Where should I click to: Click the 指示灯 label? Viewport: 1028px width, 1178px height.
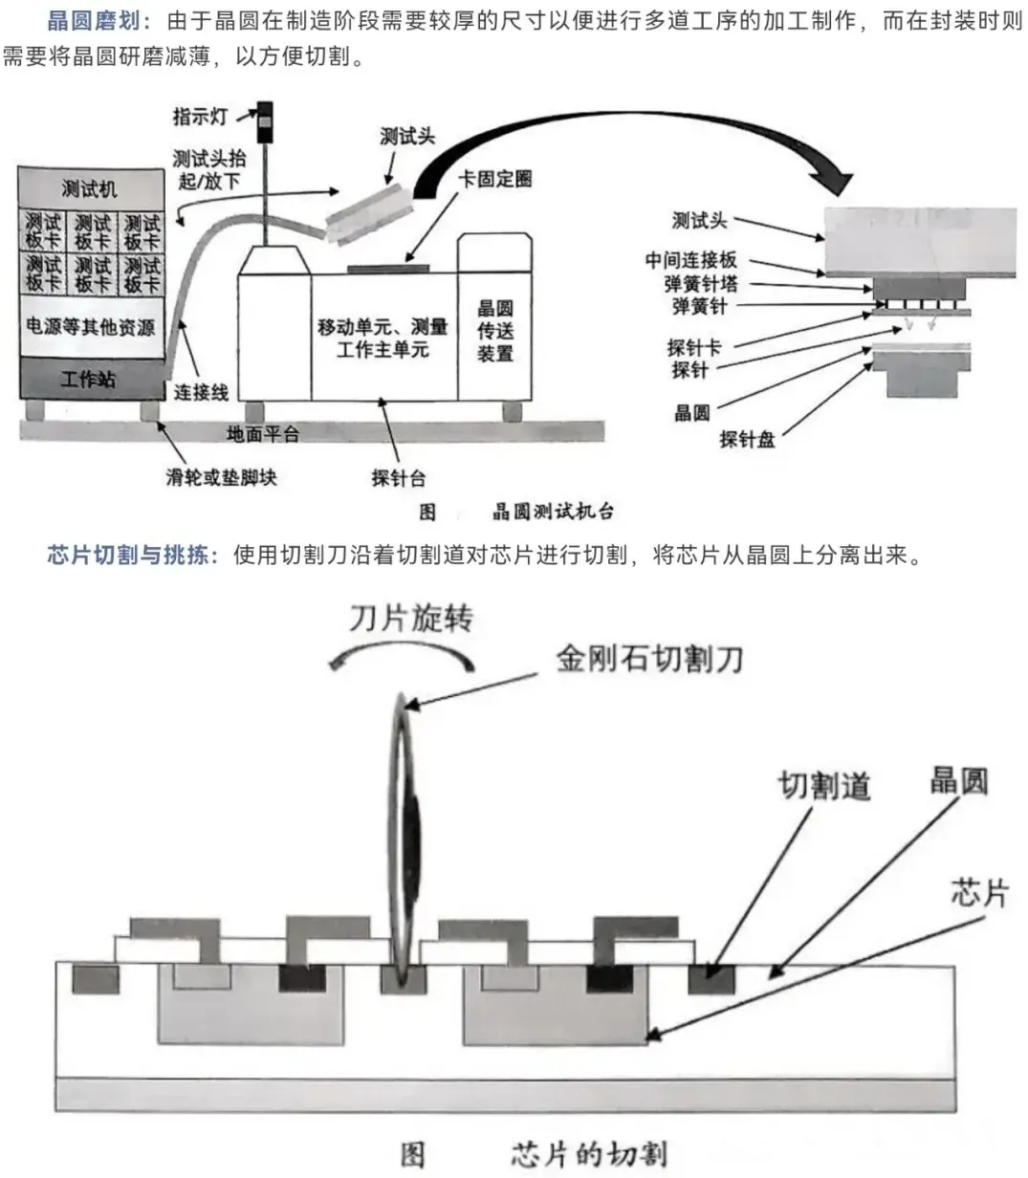tap(200, 117)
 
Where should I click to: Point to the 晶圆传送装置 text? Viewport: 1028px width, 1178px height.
tap(495, 331)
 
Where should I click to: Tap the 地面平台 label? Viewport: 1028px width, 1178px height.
tap(262, 434)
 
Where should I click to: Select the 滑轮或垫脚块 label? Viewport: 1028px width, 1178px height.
tap(221, 476)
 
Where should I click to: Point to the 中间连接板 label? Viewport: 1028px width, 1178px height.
tap(690, 260)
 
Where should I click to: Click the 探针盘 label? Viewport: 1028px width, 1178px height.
tap(746, 440)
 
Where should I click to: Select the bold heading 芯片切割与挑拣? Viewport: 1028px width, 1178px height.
tap(128, 556)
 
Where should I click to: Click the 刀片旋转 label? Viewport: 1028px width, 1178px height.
tap(409, 619)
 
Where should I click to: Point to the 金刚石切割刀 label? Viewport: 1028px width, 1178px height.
tap(649, 658)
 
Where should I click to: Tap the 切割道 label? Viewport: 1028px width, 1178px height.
tap(824, 786)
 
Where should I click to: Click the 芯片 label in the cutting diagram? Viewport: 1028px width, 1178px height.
tap(979, 893)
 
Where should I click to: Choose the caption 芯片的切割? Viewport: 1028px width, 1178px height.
tap(588, 1154)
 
